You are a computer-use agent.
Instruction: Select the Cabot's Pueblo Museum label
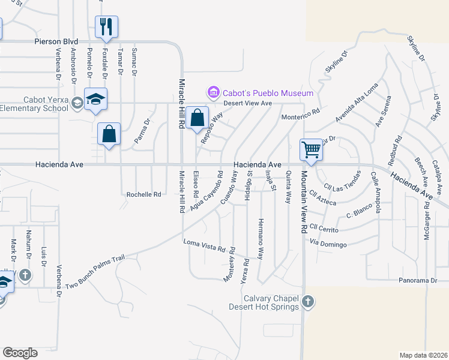point(268,93)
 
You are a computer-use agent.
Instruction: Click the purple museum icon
point(213,92)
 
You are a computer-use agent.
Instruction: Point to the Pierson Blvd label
point(56,41)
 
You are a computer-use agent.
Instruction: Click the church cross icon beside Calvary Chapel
point(307,301)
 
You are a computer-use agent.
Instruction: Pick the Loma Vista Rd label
point(204,245)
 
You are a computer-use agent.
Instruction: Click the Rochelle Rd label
point(144,194)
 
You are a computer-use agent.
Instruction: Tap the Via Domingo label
point(328,244)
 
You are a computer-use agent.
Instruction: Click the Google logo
point(20,353)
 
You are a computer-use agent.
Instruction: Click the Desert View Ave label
point(248,103)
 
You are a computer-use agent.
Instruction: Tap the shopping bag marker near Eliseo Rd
point(197,118)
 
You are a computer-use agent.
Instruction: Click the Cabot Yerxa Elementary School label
point(34,104)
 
